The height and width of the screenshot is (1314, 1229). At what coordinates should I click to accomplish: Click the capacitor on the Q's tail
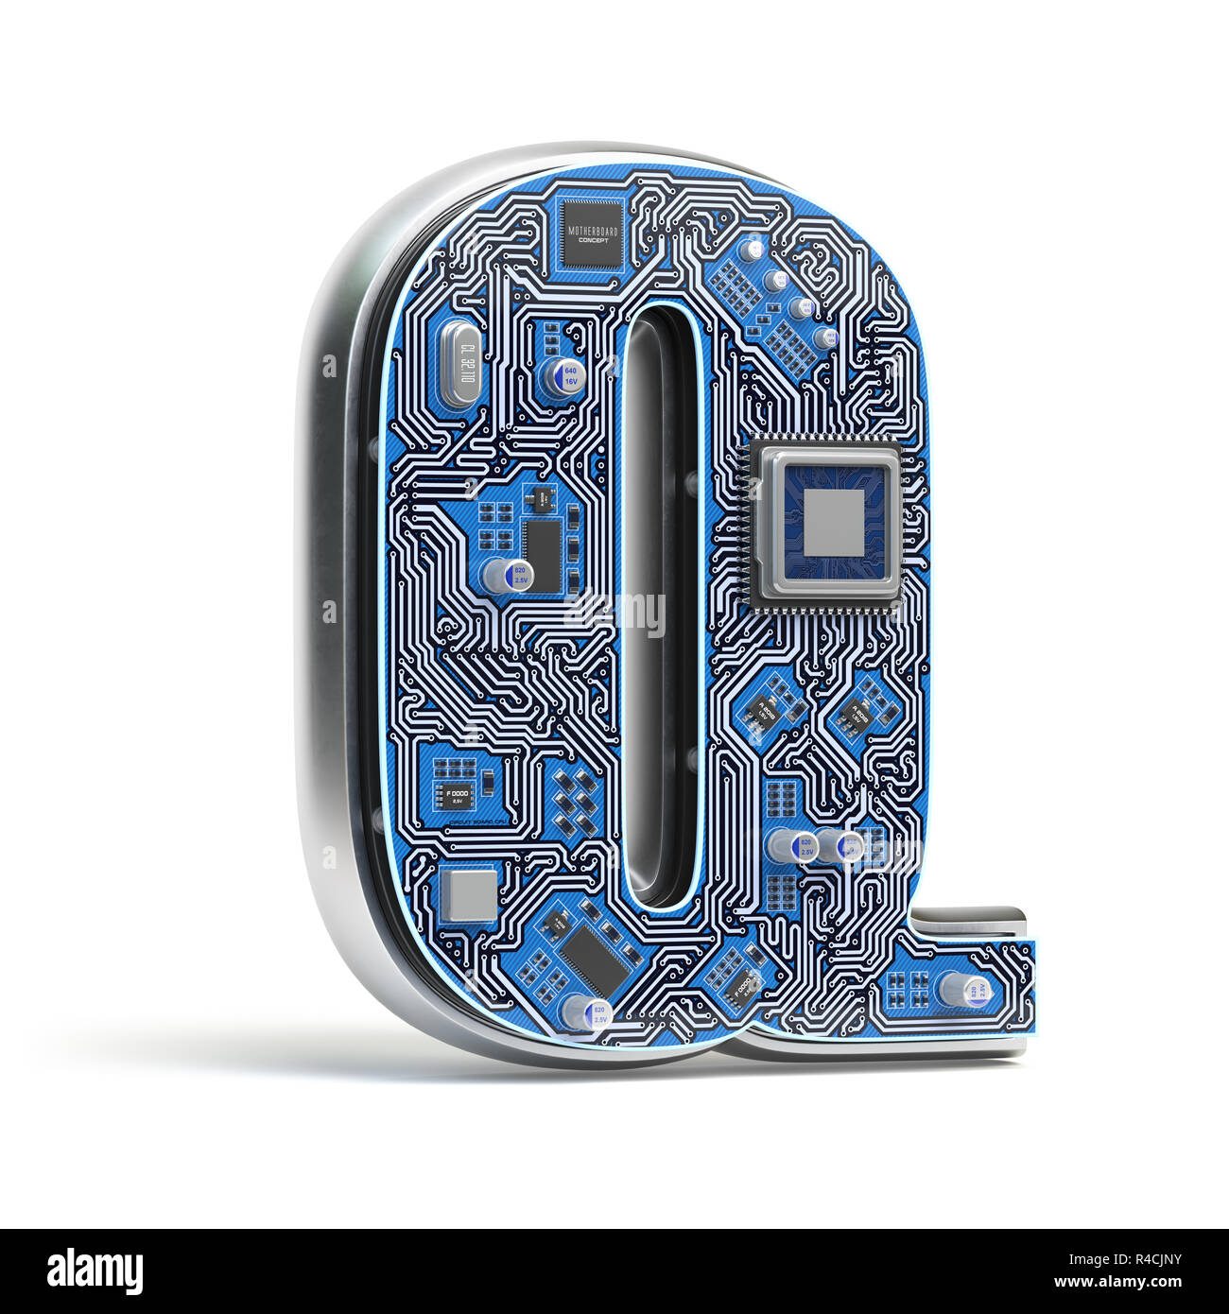tap(962, 990)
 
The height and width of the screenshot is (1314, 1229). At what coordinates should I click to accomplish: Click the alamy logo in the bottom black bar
tap(95, 1271)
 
